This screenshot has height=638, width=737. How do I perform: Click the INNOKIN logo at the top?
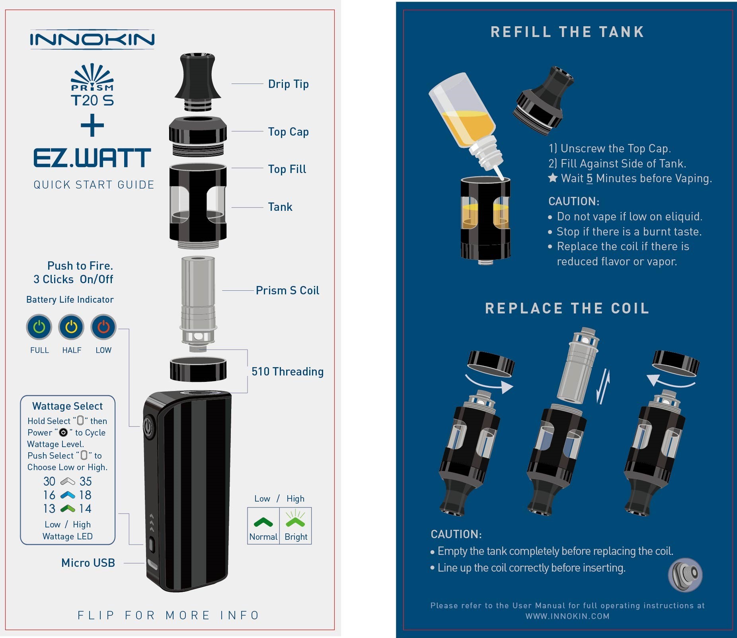(92, 39)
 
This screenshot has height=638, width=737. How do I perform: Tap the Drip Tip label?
(288, 84)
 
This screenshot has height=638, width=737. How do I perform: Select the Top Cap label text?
(288, 132)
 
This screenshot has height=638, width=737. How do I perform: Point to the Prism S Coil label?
(287, 290)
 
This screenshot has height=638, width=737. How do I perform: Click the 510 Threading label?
(287, 372)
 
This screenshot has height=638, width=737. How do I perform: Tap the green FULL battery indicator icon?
(39, 327)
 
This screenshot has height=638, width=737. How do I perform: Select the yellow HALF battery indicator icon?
(71, 327)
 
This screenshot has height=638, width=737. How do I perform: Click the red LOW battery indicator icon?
(103, 327)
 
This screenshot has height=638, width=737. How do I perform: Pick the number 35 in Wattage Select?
(86, 481)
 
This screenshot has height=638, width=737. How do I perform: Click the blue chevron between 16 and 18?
(68, 495)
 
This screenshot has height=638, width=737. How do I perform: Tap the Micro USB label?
(88, 563)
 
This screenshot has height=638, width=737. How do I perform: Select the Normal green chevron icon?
(263, 522)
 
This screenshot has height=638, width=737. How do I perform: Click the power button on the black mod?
(148, 427)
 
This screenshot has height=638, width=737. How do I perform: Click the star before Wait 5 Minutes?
(553, 178)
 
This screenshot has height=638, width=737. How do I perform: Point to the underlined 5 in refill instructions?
(590, 178)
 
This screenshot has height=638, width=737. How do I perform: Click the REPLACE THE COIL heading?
(567, 308)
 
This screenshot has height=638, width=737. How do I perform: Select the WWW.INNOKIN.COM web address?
(567, 616)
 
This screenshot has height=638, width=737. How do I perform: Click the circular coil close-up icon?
(685, 574)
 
